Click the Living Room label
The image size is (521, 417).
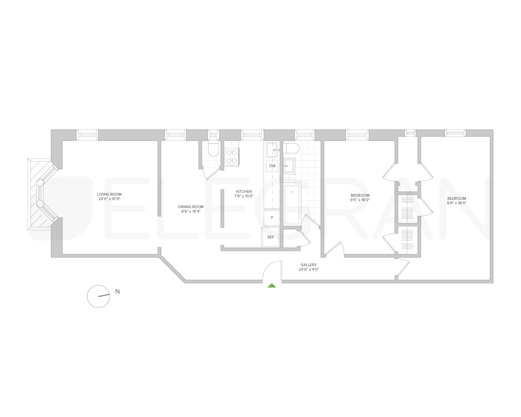(109, 194)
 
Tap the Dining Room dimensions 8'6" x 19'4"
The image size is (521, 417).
(191, 211)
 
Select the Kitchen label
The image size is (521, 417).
(244, 191)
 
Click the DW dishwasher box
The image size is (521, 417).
(272, 166)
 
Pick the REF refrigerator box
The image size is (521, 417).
(271, 237)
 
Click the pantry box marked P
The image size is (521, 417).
(272, 218)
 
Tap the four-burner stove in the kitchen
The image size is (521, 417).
(232, 156)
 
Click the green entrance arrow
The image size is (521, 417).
(272, 286)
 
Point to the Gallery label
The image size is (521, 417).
(308, 265)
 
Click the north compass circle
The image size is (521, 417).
(98, 296)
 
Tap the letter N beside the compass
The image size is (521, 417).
(117, 292)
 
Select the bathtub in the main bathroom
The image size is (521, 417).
(292, 205)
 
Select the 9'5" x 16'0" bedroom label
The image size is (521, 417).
(360, 197)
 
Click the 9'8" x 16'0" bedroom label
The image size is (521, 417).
(456, 201)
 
